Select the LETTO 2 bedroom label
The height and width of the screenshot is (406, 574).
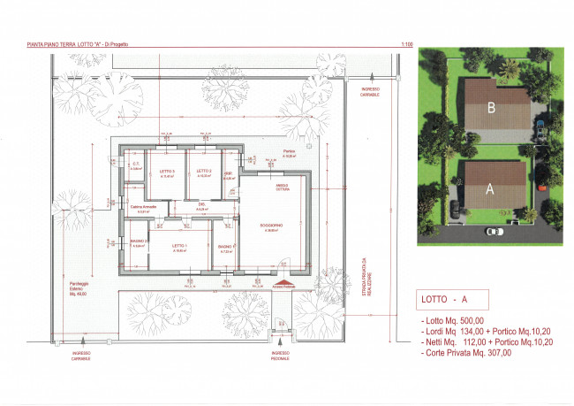204,171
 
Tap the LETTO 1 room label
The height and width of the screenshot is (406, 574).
179,245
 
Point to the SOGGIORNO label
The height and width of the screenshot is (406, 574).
271,226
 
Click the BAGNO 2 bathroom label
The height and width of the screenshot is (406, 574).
139,241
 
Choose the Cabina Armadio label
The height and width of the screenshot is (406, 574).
143,206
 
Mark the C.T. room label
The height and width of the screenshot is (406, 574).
137,164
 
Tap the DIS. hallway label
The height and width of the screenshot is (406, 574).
202,204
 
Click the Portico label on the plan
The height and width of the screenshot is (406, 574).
290,151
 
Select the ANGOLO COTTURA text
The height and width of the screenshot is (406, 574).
281,186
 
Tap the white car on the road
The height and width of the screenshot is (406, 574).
493,232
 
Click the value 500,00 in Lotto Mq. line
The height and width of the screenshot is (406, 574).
477,319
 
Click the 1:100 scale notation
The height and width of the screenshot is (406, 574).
407,43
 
